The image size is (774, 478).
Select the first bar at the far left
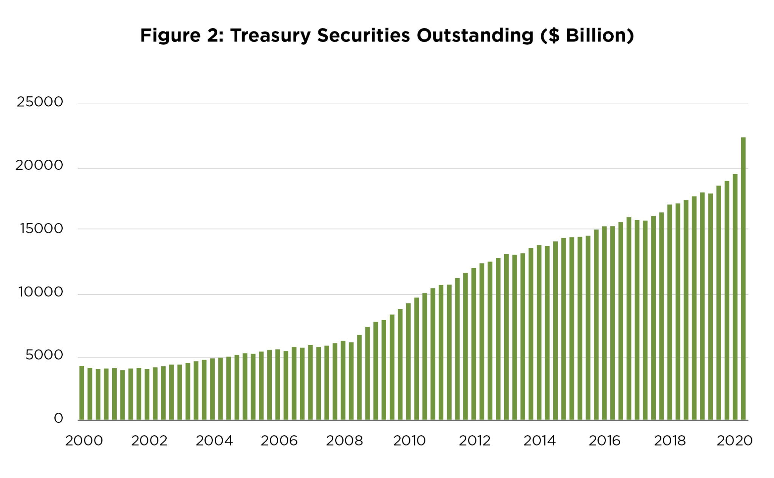click(x=82, y=393)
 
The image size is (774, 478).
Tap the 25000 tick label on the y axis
click(x=40, y=102)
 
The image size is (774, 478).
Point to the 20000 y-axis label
click(x=39, y=165)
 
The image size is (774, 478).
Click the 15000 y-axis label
click(x=41, y=228)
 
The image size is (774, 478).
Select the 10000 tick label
click(x=41, y=292)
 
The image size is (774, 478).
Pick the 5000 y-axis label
click(x=44, y=355)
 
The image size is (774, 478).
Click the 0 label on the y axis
click(x=58, y=418)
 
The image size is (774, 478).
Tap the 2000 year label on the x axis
click(x=84, y=441)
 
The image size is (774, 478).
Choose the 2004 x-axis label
click(x=214, y=441)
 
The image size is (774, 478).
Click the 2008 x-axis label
click(x=344, y=441)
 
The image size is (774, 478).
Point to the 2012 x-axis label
click(x=474, y=441)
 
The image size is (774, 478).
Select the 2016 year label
click(x=604, y=441)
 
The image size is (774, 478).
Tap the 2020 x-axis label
click(x=734, y=441)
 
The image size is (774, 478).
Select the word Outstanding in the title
click(x=475, y=36)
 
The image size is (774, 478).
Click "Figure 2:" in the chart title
click(x=182, y=36)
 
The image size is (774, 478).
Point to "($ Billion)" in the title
click(x=587, y=36)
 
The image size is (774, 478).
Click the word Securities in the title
click(x=363, y=36)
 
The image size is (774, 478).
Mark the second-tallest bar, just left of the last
click(x=735, y=297)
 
